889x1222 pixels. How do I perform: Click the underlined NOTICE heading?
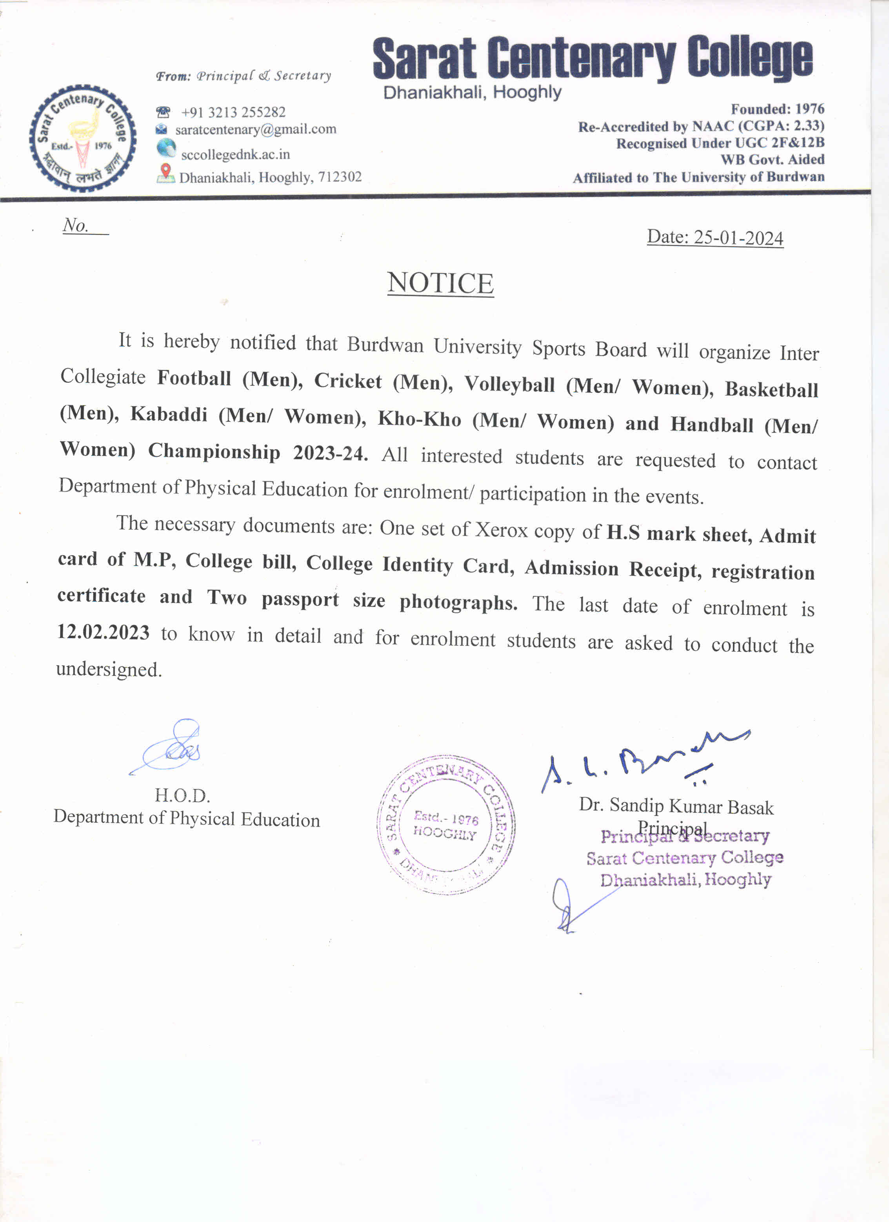tap(440, 283)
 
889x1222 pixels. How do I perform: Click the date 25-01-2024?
tap(738, 238)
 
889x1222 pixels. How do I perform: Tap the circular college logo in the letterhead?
tap(82, 138)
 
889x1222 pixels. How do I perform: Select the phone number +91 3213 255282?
tap(233, 112)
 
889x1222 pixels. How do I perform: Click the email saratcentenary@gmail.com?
tap(255, 129)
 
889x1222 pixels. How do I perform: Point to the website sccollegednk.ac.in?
tap(235, 154)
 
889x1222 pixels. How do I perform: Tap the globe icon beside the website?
tap(166, 148)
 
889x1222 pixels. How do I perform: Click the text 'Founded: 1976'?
tap(777, 109)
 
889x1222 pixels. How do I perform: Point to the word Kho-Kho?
tap(419, 419)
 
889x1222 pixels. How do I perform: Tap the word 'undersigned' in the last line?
tap(109, 670)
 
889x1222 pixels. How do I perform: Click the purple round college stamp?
tap(445, 825)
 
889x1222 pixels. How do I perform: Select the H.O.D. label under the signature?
tap(182, 795)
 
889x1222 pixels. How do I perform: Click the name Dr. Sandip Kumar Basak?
tap(676, 806)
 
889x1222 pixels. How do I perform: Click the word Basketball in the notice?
tap(771, 389)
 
